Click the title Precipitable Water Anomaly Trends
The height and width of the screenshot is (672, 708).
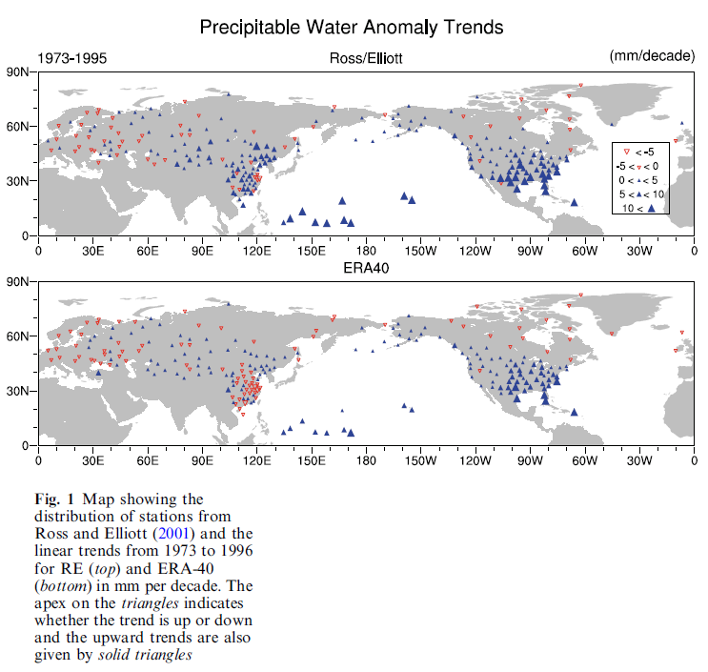[x=351, y=27]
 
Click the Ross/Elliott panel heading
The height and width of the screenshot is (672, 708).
[x=367, y=59]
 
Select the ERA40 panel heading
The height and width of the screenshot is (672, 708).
[x=367, y=269]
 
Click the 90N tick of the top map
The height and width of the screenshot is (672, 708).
[x=19, y=71]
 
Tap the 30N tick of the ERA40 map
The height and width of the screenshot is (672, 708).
[x=19, y=391]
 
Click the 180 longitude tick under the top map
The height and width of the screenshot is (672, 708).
[x=366, y=251]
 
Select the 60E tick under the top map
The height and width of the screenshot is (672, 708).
[x=147, y=251]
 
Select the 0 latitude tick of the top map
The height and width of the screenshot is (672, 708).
[x=27, y=235]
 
